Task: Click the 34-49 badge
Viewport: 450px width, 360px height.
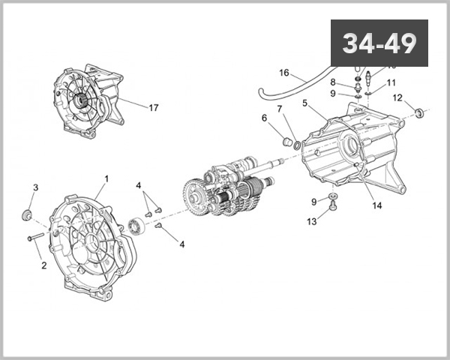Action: pyautogui.click(x=379, y=43)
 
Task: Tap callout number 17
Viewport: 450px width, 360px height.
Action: pyautogui.click(x=153, y=108)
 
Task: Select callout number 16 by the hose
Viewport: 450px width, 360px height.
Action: pyautogui.click(x=283, y=73)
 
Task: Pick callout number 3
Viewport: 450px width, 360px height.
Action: pyautogui.click(x=35, y=187)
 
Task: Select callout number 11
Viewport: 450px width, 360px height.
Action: pyautogui.click(x=391, y=82)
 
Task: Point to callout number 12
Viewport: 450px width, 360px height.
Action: pyautogui.click(x=397, y=97)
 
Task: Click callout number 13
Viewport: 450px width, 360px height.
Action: pyautogui.click(x=311, y=221)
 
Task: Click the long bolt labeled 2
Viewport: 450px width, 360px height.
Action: pyautogui.click(x=37, y=238)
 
